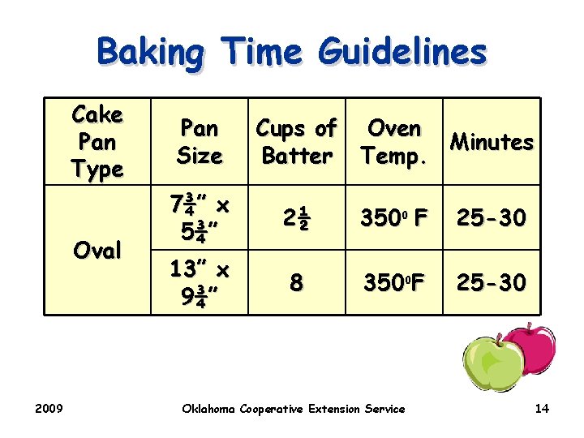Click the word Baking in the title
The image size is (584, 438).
[150, 52]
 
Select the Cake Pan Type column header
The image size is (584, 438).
[97, 142]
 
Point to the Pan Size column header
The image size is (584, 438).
[200, 142]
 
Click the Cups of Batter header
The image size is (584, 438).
[296, 142]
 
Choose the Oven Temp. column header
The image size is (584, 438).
[394, 142]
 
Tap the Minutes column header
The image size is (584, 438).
[492, 142]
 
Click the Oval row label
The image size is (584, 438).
[97, 250]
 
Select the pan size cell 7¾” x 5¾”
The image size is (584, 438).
[200, 217]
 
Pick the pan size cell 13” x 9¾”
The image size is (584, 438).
[200, 282]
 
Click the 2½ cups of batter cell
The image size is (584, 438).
[296, 217]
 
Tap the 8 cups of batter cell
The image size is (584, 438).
[296, 282]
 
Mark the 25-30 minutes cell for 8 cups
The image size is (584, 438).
[492, 282]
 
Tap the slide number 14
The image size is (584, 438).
[542, 409]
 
